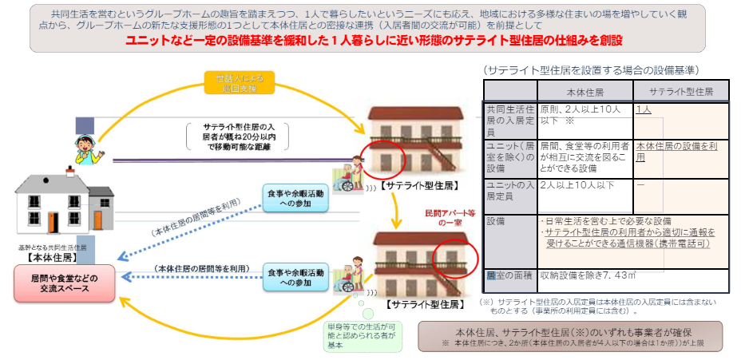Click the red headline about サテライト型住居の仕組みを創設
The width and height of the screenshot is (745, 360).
(x=374, y=40)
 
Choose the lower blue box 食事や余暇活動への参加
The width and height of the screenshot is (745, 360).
(x=295, y=278)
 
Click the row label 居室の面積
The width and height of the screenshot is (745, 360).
(x=509, y=276)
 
